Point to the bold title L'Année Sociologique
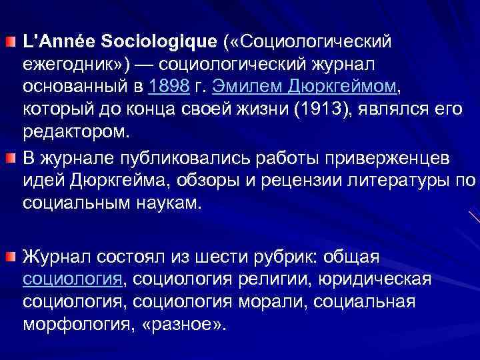(x=120, y=42)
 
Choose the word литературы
(x=393, y=181)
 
